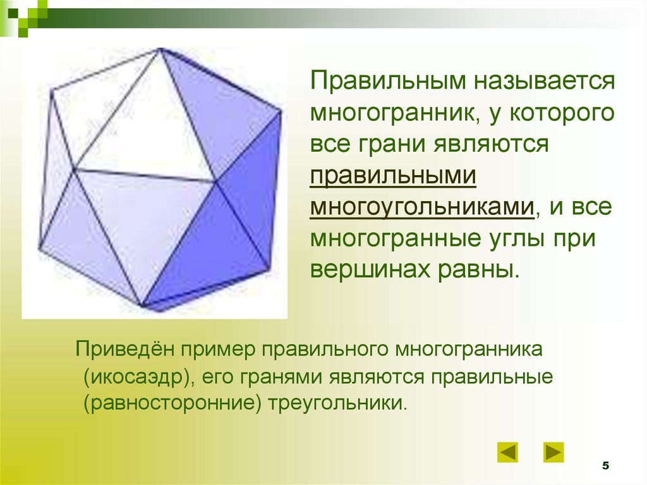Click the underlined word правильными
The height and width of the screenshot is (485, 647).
(x=392, y=175)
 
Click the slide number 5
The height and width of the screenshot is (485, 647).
(x=605, y=466)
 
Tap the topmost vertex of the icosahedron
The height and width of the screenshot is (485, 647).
(x=160, y=49)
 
